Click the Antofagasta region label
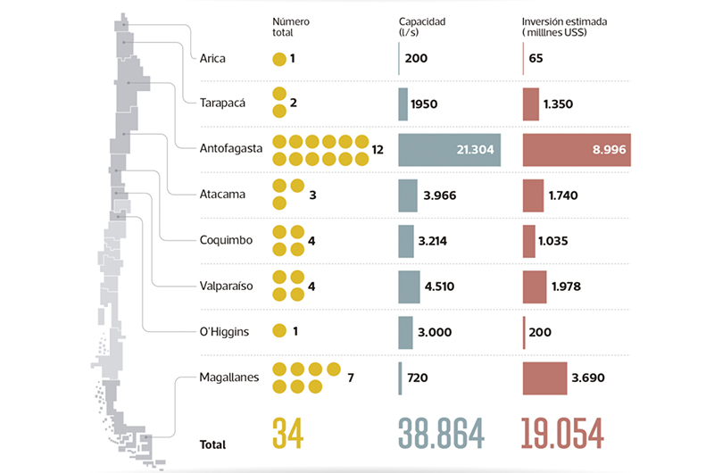coord(231,149)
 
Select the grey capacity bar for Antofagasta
coord(450,149)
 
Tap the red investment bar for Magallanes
coord(544,377)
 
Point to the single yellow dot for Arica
coord(279,59)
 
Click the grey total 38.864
coord(442,434)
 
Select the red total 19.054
coord(562,434)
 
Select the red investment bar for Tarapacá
coord(531,104)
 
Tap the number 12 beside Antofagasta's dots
coord(378,149)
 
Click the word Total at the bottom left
coord(213,444)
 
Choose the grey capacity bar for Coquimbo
coord(407,240)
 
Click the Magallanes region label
coord(230,377)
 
